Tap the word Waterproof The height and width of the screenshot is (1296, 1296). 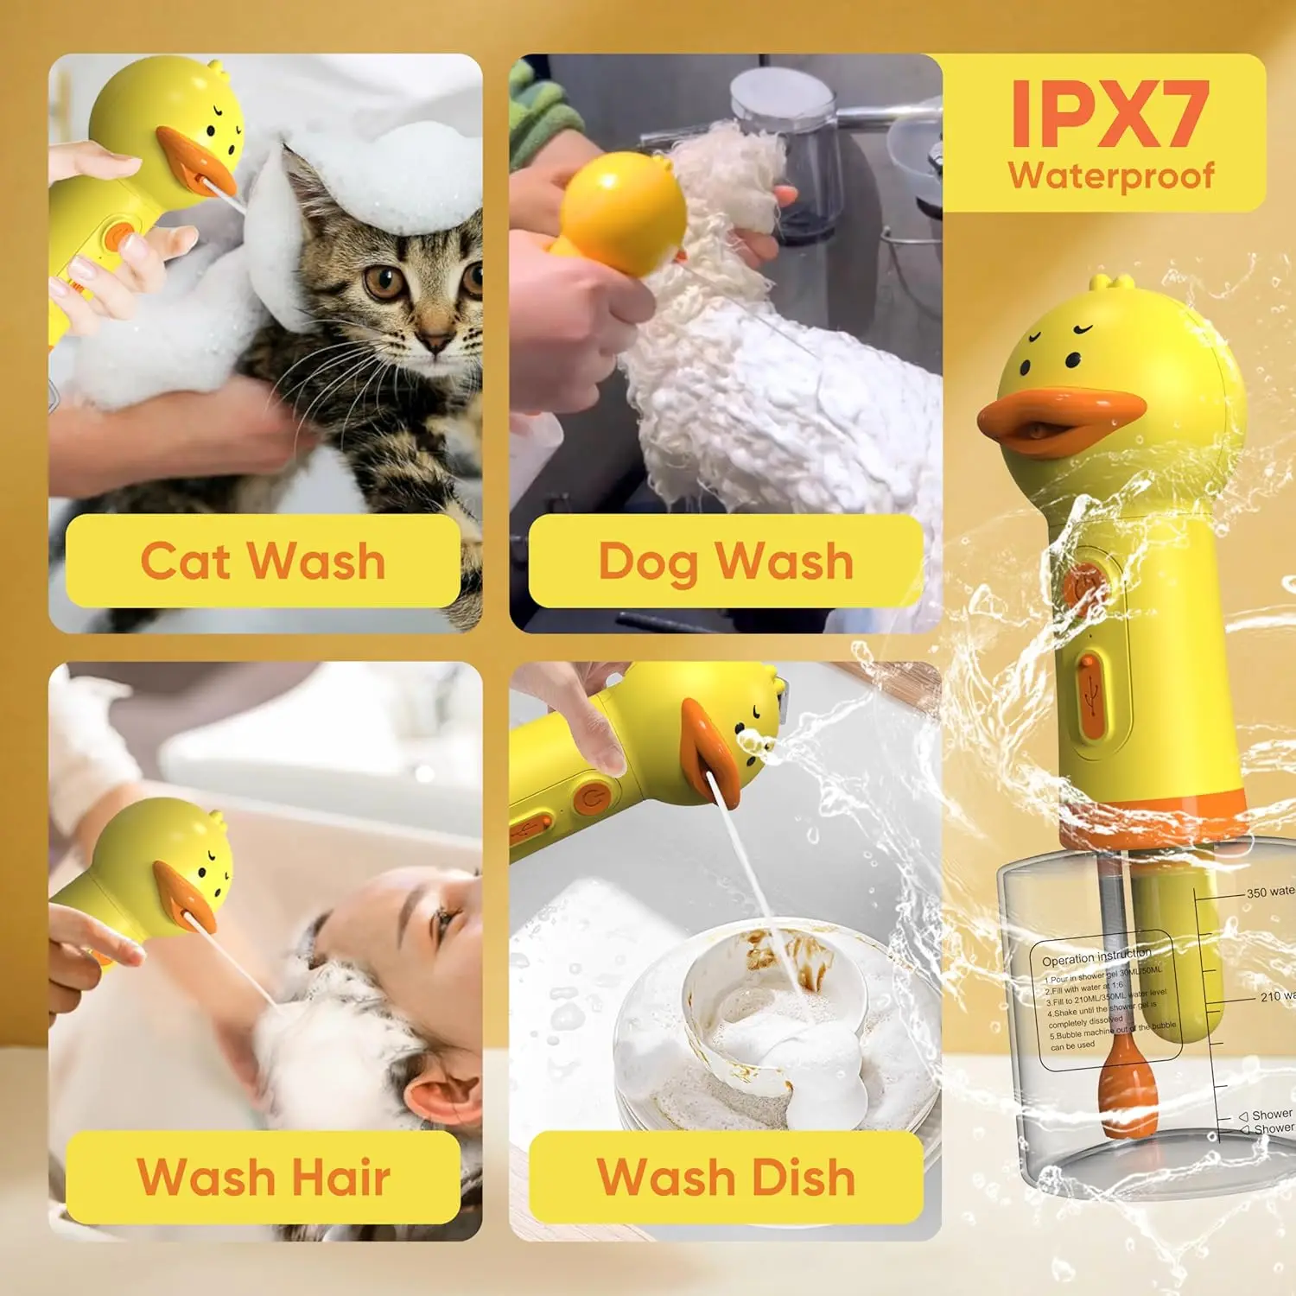1111,175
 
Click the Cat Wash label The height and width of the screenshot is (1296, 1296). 263,561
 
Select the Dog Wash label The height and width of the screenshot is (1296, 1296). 726,561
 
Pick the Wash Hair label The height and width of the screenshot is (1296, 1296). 263,1177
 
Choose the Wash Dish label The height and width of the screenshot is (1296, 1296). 726,1177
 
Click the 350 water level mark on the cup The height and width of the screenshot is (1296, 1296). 1268,892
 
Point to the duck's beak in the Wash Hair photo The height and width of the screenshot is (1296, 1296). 185,899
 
